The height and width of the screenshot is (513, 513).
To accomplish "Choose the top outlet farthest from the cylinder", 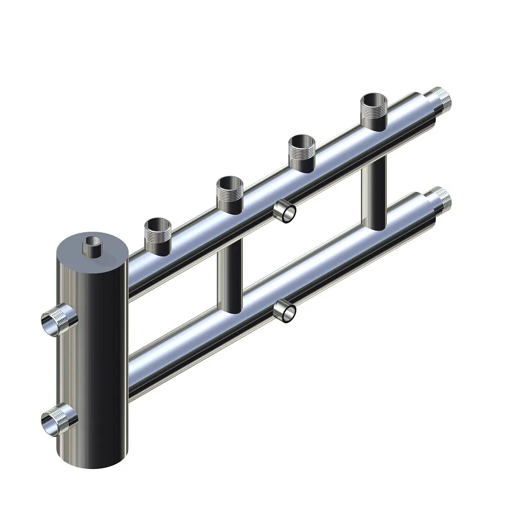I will (x=374, y=110).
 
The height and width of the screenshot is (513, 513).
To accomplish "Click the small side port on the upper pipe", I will (x=284, y=211).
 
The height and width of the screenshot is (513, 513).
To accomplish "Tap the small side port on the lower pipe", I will (x=284, y=311).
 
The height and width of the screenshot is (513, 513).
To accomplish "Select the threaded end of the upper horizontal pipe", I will (x=439, y=98).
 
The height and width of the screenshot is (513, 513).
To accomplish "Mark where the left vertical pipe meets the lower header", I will (x=231, y=308).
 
